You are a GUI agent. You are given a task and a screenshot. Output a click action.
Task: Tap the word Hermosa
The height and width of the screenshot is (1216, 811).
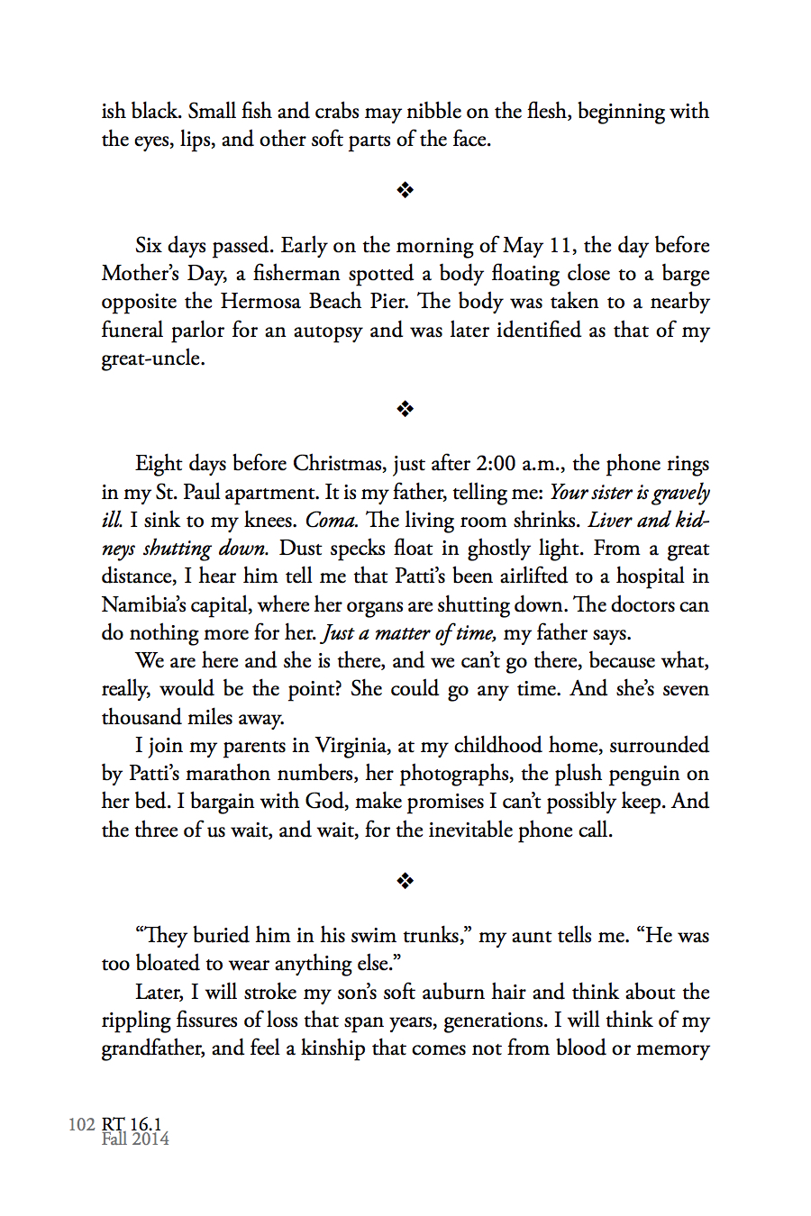tap(261, 302)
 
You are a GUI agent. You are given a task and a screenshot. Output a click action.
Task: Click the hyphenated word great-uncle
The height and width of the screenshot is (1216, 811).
tap(152, 358)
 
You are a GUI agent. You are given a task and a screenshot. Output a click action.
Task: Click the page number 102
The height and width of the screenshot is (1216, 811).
tap(81, 1124)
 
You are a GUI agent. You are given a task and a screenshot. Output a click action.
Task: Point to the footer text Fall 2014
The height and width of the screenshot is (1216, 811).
tap(135, 1139)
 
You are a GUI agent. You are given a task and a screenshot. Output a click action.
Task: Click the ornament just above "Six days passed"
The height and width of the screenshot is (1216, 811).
tap(405, 190)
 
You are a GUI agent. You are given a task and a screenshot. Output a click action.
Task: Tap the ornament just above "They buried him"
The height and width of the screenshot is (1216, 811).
tap(405, 881)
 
